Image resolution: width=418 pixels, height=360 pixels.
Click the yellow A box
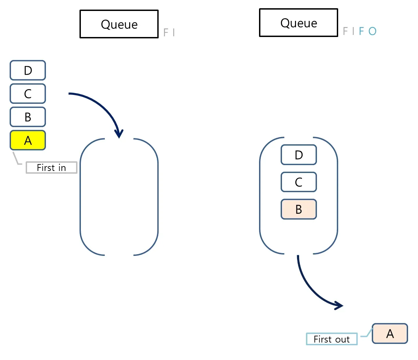click(x=28, y=140)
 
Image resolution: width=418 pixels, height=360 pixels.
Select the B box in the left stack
click(x=28, y=117)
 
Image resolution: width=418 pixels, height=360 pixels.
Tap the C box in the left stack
click(x=28, y=94)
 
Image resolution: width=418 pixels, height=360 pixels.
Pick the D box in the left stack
click(x=28, y=70)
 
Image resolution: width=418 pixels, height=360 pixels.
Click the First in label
click(x=52, y=167)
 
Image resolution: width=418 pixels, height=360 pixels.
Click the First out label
click(x=332, y=339)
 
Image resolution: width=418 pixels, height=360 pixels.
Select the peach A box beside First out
click(x=390, y=334)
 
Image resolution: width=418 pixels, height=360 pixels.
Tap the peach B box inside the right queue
click(x=299, y=209)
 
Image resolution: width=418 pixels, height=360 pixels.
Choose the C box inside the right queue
click(x=299, y=182)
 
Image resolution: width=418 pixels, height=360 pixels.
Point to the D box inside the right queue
click(x=299, y=155)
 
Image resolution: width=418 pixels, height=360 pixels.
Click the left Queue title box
click(x=119, y=24)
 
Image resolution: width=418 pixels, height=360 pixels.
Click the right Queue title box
click(x=298, y=23)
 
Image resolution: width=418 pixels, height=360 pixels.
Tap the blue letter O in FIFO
click(x=372, y=31)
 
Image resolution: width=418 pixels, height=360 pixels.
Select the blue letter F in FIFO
click(x=361, y=31)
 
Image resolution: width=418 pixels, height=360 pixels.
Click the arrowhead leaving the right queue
click(x=339, y=306)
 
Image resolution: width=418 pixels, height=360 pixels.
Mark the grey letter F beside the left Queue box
click(x=166, y=32)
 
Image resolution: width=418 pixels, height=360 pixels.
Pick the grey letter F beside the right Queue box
click(x=345, y=31)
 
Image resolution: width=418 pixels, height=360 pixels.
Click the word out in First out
click(x=342, y=339)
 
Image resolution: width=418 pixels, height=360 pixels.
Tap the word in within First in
click(x=62, y=168)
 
